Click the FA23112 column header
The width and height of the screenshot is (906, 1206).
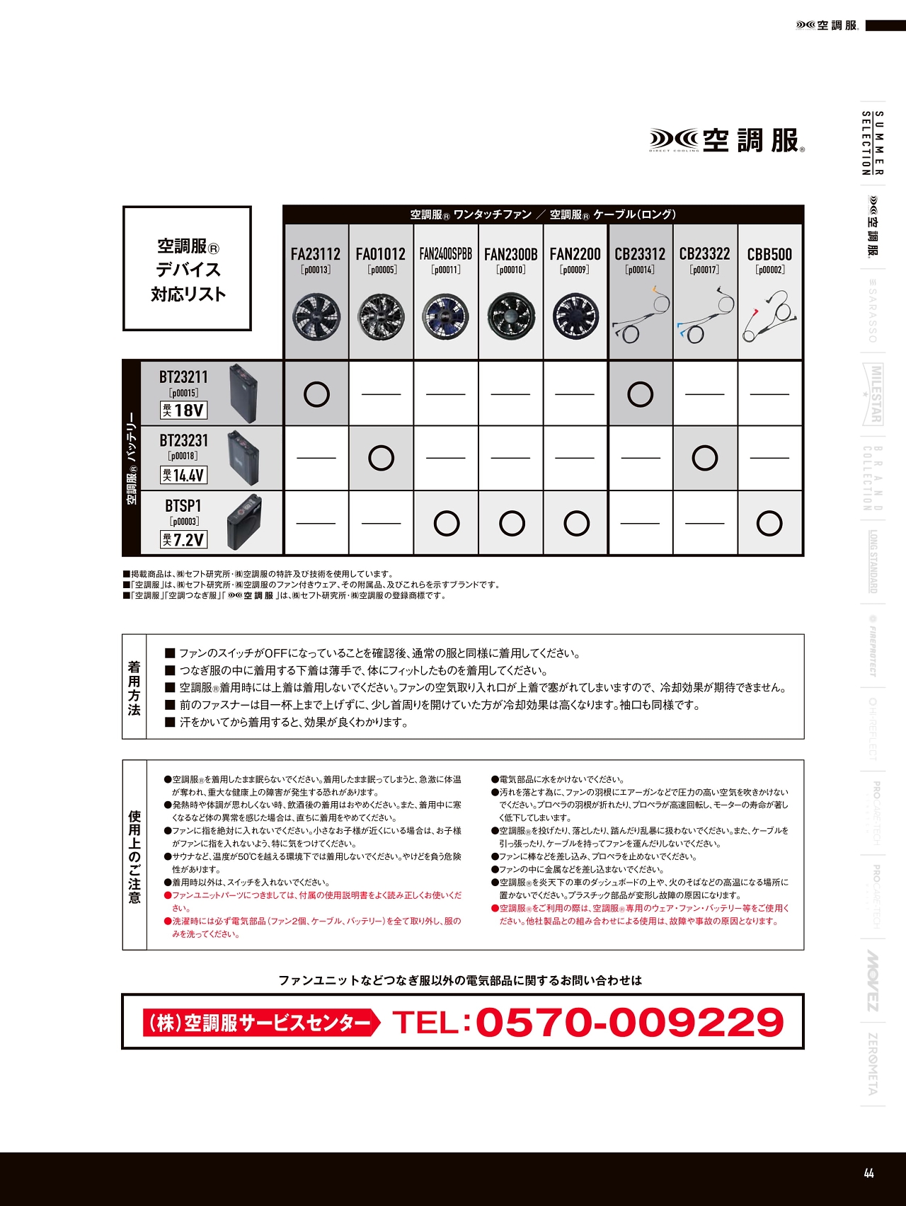point(316,254)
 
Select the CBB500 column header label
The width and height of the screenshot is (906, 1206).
point(769,254)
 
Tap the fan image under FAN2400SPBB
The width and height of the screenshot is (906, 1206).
point(446,316)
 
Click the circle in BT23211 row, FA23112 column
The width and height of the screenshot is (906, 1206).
point(316,394)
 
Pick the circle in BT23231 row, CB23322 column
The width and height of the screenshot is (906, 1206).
point(705,458)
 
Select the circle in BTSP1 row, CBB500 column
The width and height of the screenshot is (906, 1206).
point(769,524)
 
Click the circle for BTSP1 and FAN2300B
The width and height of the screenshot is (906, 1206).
point(512,524)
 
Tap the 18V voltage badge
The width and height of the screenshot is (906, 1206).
point(183,410)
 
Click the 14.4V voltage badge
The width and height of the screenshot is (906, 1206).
point(183,476)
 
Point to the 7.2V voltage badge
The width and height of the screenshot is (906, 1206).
point(183,540)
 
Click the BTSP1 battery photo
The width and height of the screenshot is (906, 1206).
point(245,524)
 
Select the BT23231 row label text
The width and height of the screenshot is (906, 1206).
point(183,441)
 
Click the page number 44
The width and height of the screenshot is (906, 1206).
point(869,1173)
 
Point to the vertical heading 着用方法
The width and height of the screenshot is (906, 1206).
point(134,687)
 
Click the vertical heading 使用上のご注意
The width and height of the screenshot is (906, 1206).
point(134,856)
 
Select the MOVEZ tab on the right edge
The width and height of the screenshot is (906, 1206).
point(873,980)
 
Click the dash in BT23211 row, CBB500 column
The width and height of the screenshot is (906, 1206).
point(769,394)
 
